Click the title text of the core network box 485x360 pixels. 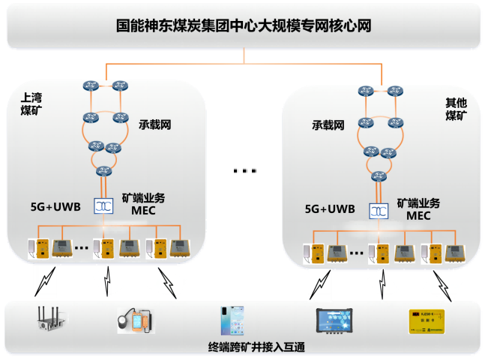244,25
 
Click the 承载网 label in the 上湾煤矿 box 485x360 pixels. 155,124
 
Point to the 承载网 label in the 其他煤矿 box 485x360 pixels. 328,124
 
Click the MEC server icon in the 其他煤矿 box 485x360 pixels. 378,211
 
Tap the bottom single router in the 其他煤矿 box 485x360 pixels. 378,177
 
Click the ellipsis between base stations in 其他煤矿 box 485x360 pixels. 356,253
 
